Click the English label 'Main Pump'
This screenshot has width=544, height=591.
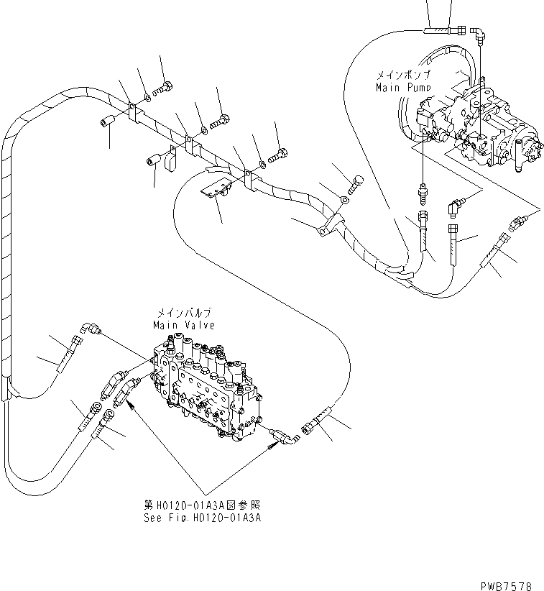tap(403, 87)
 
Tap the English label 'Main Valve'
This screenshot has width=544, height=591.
tap(183, 326)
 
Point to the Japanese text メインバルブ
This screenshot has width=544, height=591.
tap(183, 314)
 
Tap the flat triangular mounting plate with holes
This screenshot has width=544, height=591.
tap(213, 189)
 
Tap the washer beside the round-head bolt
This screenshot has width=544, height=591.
tap(346, 198)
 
